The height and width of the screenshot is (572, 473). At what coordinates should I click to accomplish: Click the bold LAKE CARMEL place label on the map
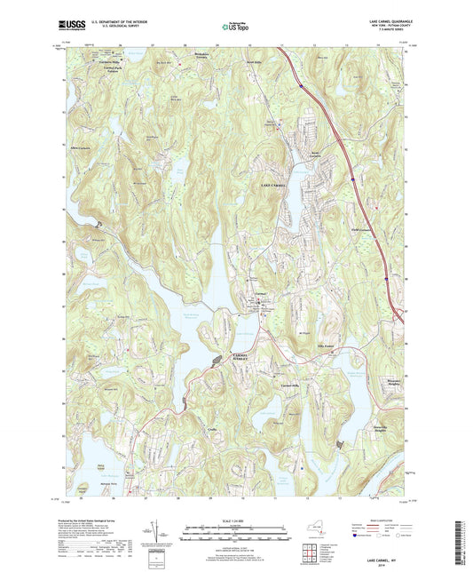276,185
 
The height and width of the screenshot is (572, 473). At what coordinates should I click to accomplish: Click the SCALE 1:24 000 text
236,520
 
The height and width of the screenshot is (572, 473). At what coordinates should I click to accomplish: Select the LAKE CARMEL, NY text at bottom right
383,561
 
